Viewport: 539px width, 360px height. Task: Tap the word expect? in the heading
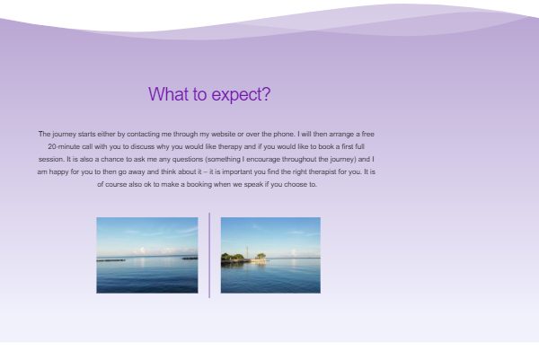[x=241, y=94]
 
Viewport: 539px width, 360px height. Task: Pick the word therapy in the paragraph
[x=230, y=147]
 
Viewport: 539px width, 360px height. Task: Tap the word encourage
[x=263, y=160]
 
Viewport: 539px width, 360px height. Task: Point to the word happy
[x=58, y=172]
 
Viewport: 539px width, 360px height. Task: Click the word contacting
[x=144, y=135]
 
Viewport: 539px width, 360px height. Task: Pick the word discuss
[x=142, y=146]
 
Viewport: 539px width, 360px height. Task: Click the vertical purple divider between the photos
[x=209, y=255]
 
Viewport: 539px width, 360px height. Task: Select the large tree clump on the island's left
[x=233, y=257]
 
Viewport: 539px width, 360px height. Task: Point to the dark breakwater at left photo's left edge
[x=110, y=260]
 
